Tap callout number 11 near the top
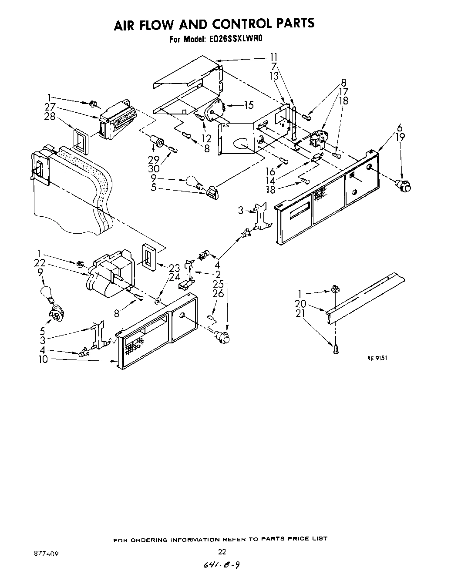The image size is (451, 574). tap(273, 57)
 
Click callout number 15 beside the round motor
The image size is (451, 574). tap(249, 105)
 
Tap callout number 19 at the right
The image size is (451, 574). tap(400, 137)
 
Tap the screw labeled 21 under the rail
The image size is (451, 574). tap(335, 349)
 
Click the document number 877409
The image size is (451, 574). tap(46, 554)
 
